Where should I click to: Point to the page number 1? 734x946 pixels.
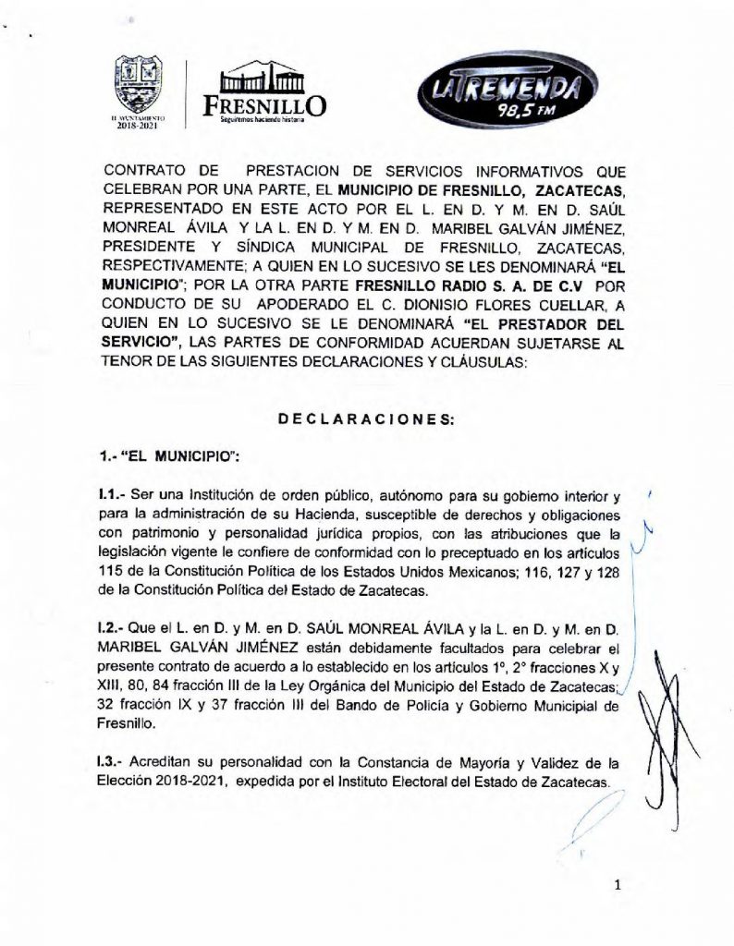coord(616,887)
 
